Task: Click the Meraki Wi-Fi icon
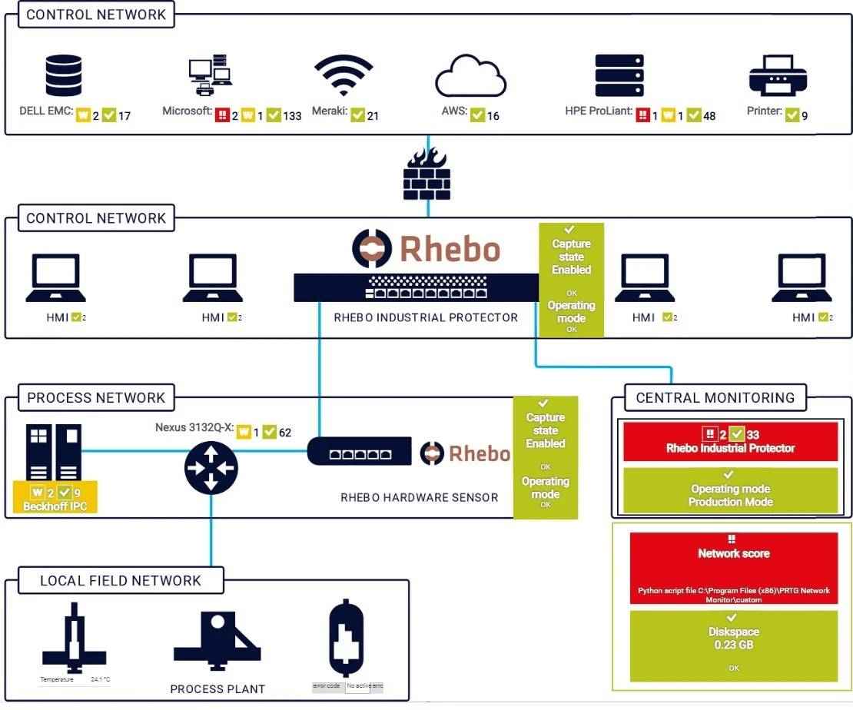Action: coord(343,75)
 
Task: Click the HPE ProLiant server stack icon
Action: coord(619,75)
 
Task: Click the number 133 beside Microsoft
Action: coord(292,115)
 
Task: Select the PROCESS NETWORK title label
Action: coord(96,398)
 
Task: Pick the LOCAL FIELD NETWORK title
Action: coord(121,581)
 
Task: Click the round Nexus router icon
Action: coord(211,468)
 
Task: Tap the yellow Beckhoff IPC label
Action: coord(55,499)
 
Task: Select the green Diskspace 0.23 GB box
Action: coord(733,645)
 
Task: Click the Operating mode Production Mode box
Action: coord(730,491)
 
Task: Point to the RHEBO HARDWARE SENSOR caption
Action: coord(419,497)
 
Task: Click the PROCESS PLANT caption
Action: coord(217,688)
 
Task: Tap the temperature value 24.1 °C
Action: coord(100,680)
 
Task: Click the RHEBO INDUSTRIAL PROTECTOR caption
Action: coord(426,317)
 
